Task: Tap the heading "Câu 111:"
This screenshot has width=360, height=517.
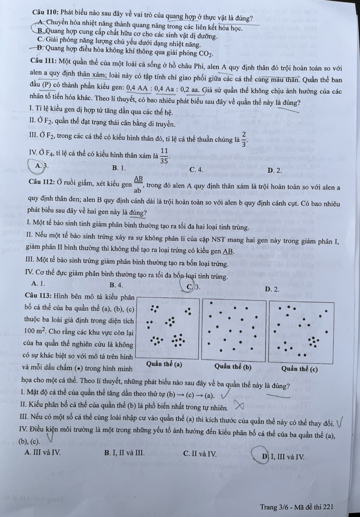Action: (x=45, y=60)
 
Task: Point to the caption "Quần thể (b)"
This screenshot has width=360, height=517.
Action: (x=233, y=366)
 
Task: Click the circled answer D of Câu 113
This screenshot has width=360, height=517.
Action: (x=264, y=454)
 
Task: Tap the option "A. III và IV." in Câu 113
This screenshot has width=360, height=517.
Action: (x=43, y=452)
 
